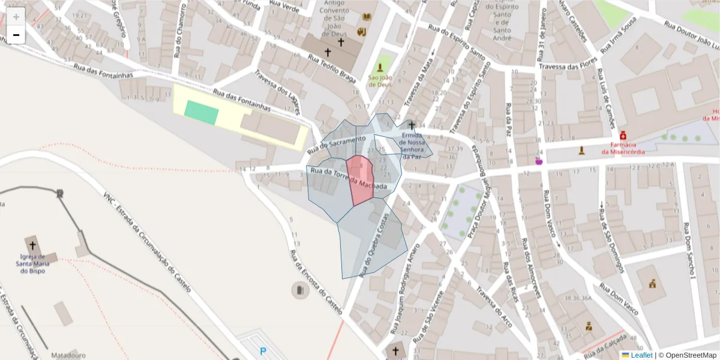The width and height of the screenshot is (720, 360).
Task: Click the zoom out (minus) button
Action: [16, 35]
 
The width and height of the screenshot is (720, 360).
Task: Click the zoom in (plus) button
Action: [16, 17]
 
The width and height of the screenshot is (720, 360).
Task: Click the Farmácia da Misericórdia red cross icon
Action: [623, 136]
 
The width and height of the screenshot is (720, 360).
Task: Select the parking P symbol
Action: [262, 351]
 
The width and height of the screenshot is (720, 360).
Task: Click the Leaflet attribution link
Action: [641, 355]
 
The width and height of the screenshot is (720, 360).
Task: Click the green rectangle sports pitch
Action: [201, 112]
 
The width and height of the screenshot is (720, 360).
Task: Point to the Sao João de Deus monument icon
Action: [380, 68]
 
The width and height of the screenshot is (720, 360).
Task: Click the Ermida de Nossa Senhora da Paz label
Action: [412, 146]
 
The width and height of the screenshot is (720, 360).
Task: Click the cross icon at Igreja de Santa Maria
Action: [32, 245]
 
